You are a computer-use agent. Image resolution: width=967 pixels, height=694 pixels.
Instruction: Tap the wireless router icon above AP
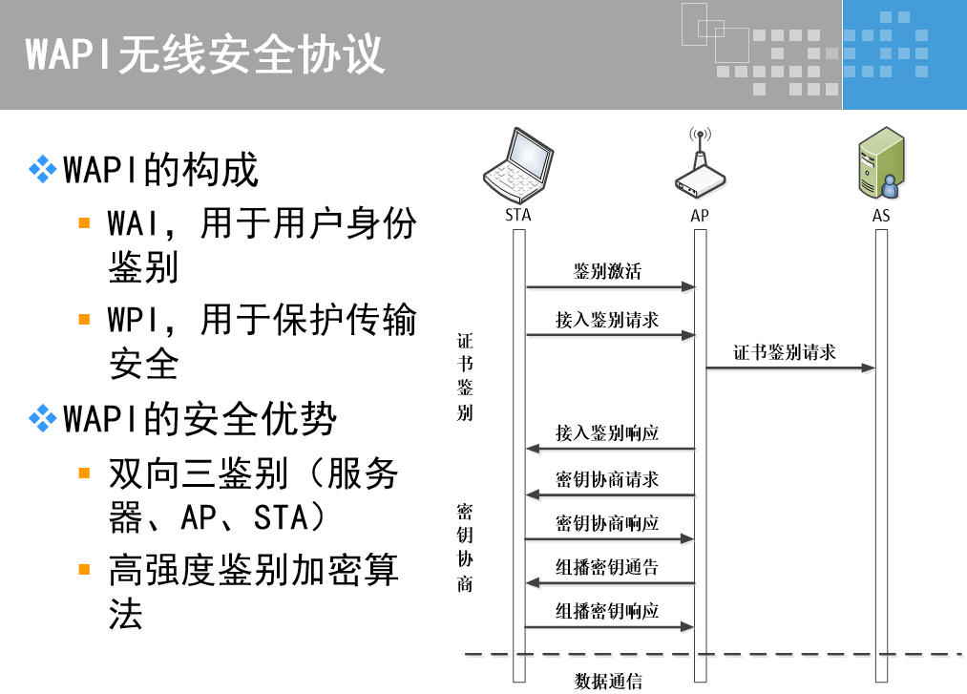(700, 167)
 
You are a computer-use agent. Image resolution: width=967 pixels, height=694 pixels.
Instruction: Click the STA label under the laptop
(518, 216)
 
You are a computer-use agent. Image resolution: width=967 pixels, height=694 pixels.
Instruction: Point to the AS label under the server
(881, 216)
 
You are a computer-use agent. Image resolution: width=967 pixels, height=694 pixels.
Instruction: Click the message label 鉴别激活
(607, 271)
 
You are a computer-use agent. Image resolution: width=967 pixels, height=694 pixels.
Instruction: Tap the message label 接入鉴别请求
(607, 320)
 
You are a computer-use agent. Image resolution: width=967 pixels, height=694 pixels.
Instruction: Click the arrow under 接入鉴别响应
(610, 449)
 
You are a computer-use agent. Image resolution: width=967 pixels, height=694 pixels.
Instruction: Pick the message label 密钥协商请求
(607, 478)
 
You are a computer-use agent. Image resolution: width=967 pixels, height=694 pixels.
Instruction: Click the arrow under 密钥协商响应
(610, 539)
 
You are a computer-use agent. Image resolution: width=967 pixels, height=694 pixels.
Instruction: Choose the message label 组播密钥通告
(607, 568)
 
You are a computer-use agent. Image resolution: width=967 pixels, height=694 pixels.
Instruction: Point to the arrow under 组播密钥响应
(610, 627)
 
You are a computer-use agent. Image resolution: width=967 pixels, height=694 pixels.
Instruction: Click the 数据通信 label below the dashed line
(608, 681)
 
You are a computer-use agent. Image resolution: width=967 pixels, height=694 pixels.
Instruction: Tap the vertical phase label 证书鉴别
(465, 376)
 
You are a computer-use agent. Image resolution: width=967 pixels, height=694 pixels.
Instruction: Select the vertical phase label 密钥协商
(465, 547)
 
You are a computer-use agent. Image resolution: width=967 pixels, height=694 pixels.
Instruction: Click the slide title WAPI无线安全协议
(205, 54)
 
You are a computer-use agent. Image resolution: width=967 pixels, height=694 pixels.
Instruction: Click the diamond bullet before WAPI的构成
(43, 171)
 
